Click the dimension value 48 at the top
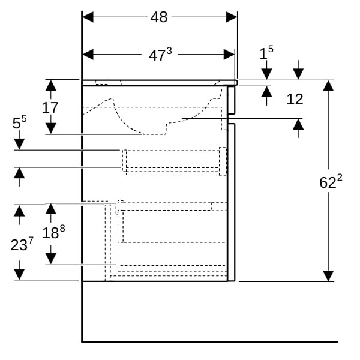click(159, 17)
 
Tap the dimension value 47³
click(160, 55)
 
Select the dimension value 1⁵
click(266, 53)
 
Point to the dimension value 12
click(295, 100)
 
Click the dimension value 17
click(50, 107)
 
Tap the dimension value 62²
click(328, 182)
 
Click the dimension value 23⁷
click(22, 244)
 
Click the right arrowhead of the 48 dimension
click(232, 17)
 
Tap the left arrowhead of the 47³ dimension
click(88, 55)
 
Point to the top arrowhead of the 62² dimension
click(328, 85)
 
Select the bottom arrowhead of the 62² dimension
click(328, 275)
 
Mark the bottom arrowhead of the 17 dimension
click(51, 128)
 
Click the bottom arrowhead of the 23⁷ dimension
click(19, 275)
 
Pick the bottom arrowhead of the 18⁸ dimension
click(51, 259)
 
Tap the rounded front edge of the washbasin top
click(236, 82)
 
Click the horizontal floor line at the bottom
click(210, 341)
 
